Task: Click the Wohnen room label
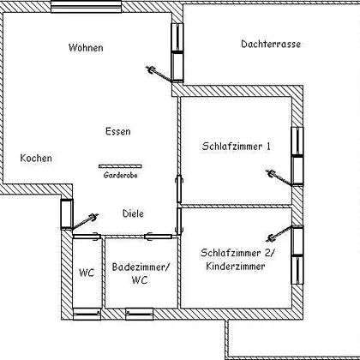coord(86,47)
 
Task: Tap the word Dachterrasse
coord(271,44)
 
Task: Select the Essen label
coord(118,131)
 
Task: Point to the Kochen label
coord(36,158)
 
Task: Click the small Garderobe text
coord(120,175)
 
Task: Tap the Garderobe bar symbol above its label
coord(120,166)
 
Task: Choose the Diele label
coord(133,213)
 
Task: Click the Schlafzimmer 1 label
coord(236,147)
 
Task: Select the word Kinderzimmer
coord(236,267)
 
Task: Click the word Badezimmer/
coord(141,267)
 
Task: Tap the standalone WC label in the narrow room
coord(87,273)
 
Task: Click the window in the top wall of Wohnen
coord(87,6)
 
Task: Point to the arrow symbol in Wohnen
coord(159,74)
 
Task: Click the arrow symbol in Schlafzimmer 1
coord(279,177)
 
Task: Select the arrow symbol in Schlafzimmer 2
coord(279,234)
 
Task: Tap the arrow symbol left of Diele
coord(85,221)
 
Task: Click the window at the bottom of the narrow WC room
coord(87,314)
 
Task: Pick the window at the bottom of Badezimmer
coord(140,314)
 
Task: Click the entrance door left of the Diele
coord(67,214)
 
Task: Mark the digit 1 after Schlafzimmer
coord(268,147)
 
